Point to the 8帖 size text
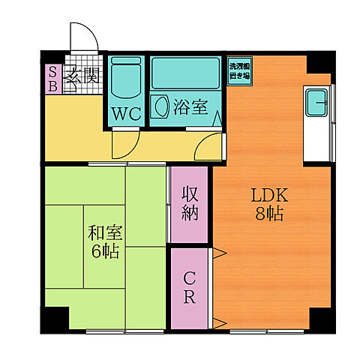tap(268, 214)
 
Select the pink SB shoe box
tap(53, 78)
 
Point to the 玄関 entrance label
tap(82, 75)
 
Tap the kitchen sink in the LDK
tap(315, 103)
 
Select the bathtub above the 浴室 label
tap(184, 73)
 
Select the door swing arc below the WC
tap(124, 144)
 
